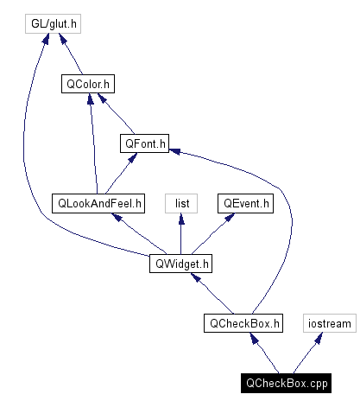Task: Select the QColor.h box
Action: (88, 84)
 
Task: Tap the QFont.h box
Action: (145, 143)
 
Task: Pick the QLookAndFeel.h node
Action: (98, 203)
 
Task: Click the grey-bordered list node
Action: (181, 203)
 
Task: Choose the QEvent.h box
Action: (245, 203)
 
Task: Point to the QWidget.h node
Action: (180, 263)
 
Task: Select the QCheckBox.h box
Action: (243, 323)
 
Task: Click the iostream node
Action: (329, 323)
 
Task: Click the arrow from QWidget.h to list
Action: (181, 233)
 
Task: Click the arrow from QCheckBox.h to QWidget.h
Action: (212, 294)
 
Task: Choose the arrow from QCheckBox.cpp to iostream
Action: (306, 353)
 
